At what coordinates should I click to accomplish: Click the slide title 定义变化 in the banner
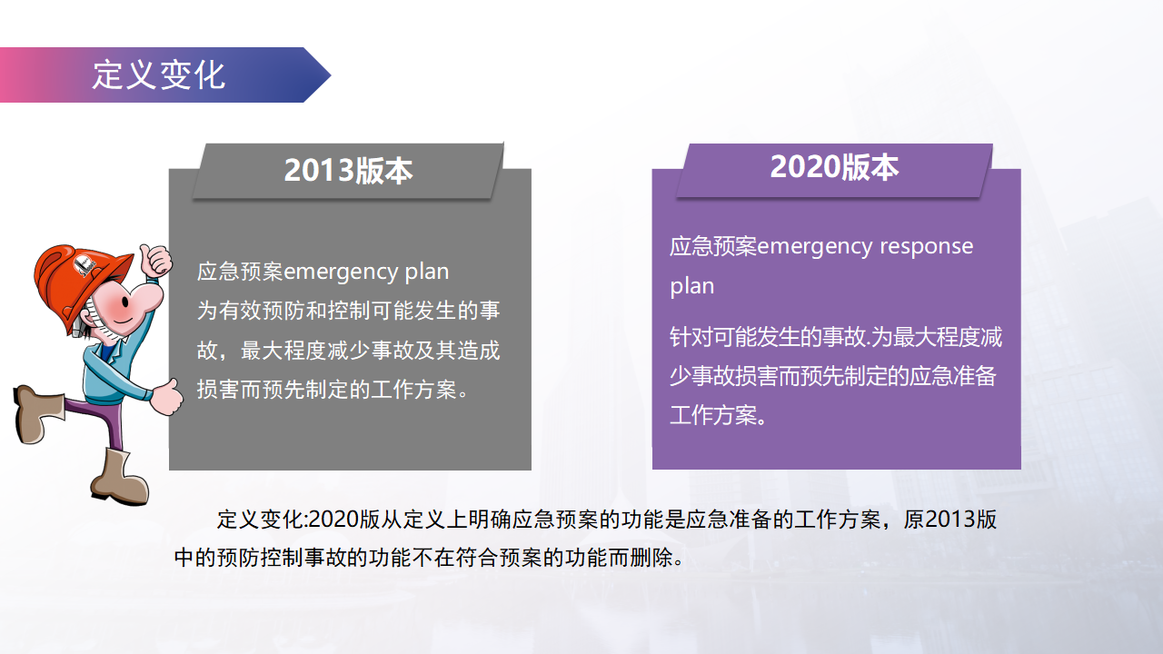(158, 74)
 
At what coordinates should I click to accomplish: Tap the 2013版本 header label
(348, 170)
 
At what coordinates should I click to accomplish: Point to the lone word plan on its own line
(692, 286)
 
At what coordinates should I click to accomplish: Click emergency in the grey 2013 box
(340, 272)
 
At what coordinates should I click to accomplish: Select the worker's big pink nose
(147, 297)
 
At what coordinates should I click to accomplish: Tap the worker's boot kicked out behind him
(36, 413)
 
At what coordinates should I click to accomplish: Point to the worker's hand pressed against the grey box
(166, 397)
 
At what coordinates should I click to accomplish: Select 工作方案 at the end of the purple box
(713, 415)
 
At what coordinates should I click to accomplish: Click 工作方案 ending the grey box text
(413, 390)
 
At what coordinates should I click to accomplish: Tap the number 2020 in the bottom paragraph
(333, 519)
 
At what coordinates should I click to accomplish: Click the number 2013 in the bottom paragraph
(950, 519)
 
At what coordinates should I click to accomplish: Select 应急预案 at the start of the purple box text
(713, 246)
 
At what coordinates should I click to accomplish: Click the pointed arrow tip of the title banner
(330, 75)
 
